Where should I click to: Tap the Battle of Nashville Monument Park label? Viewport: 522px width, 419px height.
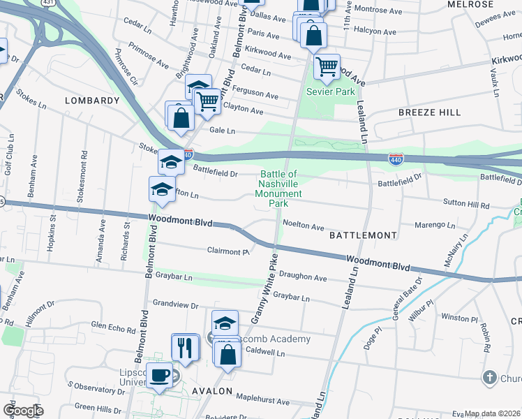pyautogui.click(x=278, y=189)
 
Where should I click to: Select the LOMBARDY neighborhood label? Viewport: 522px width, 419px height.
pyautogui.click(x=92, y=101)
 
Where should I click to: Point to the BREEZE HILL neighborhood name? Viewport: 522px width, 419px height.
pyautogui.click(x=429, y=112)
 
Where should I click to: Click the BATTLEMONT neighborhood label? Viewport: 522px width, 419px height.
pyautogui.click(x=363, y=236)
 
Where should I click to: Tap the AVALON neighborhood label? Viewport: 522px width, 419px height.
pyautogui.click(x=211, y=391)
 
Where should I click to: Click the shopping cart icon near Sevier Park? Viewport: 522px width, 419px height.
pyautogui.click(x=327, y=67)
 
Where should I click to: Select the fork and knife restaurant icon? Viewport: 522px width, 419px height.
pyautogui.click(x=185, y=347)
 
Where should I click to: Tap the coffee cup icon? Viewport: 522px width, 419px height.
pyautogui.click(x=160, y=376)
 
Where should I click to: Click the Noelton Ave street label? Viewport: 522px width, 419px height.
pyautogui.click(x=304, y=226)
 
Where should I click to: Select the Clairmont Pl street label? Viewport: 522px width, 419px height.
pyautogui.click(x=228, y=251)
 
